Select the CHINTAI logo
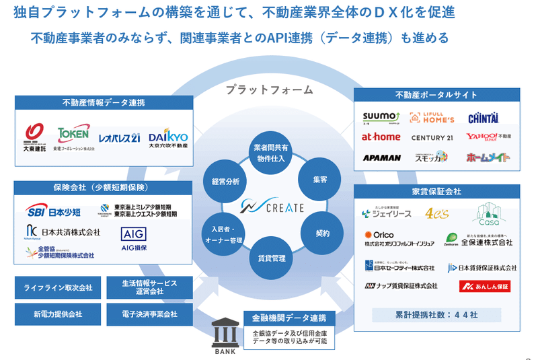coord(483,118)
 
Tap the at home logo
coord(381,137)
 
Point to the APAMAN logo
coord(381,157)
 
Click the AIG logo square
coord(133,234)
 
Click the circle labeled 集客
coord(319,180)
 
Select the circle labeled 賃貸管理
coord(272,258)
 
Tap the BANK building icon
coord(224,334)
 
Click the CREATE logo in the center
coord(274,207)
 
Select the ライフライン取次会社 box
coord(58,287)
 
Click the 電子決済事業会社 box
coord(151,314)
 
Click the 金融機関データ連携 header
coord(289,318)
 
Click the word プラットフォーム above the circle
coord(269,89)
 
